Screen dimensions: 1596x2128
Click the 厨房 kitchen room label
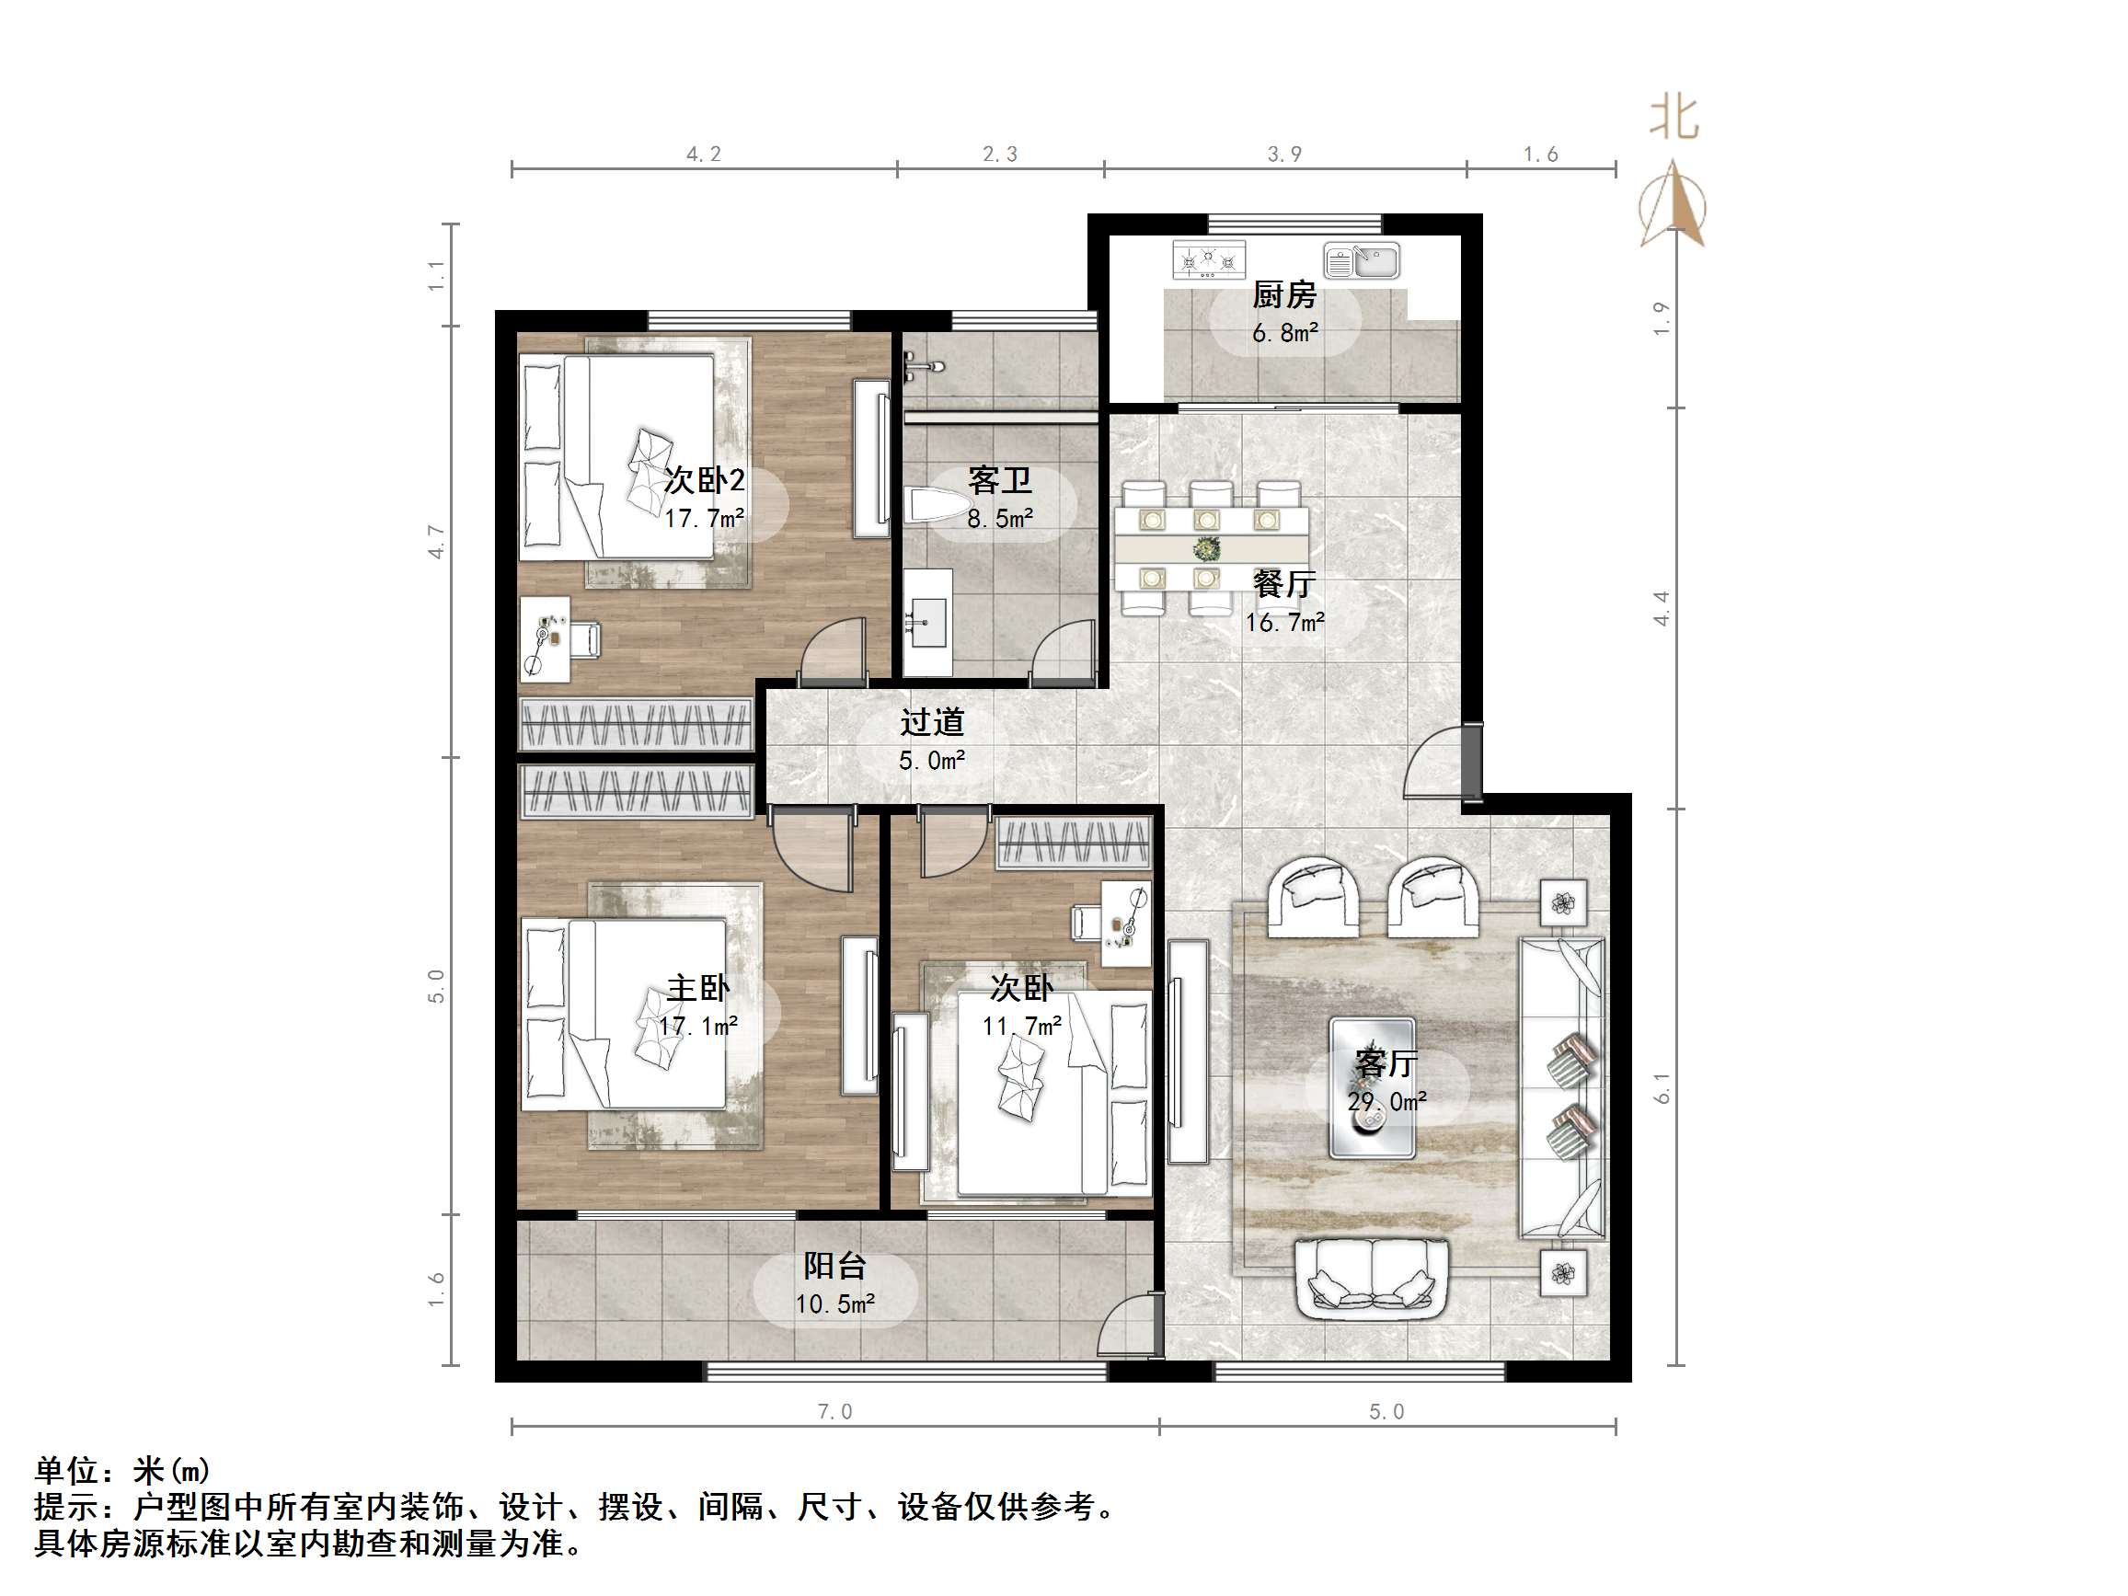click(x=1283, y=294)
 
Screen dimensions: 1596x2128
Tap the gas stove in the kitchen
click(x=1208, y=259)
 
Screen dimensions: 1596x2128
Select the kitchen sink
click(x=1362, y=259)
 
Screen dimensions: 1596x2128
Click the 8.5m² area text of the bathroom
click(x=999, y=519)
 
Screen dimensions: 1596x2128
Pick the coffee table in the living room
click(x=1371, y=1088)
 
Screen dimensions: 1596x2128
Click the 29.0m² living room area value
click(x=1386, y=1101)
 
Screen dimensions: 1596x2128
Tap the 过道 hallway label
click(x=931, y=721)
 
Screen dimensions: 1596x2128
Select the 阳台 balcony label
click(x=834, y=1265)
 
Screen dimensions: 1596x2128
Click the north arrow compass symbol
click(x=1674, y=206)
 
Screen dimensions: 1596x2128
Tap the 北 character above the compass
click(x=1674, y=119)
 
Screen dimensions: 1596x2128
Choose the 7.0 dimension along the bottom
click(x=834, y=1411)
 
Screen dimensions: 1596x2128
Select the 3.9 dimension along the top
click(x=1283, y=154)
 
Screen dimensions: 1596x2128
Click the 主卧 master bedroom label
click(x=697, y=988)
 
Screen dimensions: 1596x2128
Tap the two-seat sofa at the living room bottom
click(x=1371, y=1279)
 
